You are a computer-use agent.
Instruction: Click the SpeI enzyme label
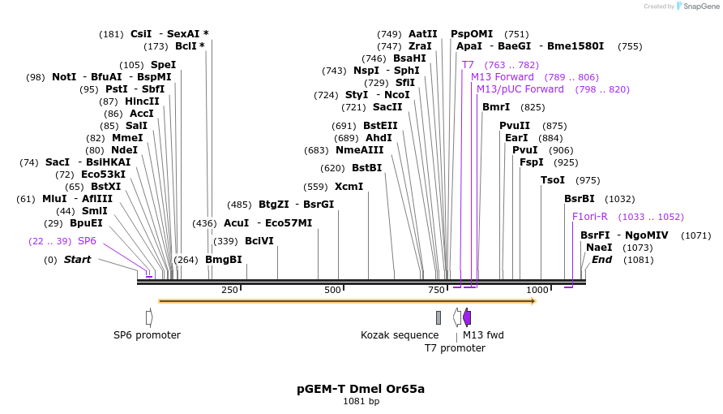tap(163, 65)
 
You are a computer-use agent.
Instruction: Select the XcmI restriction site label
tap(349, 187)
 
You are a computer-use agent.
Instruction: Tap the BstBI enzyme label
tap(366, 168)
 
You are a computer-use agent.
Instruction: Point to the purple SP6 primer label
tap(87, 241)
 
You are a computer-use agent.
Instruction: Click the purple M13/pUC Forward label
tap(520, 89)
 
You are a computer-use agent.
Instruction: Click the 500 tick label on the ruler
tap(332, 291)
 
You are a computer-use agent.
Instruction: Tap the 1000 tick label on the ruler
tap(537, 291)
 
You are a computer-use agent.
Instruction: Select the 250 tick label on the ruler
tap(229, 291)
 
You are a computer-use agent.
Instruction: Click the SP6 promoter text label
tap(147, 335)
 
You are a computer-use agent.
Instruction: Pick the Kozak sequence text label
tap(400, 335)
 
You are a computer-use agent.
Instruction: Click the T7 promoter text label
tap(455, 348)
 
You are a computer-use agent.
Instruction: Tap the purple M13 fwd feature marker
tap(467, 317)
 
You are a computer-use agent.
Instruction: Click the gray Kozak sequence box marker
tap(439, 317)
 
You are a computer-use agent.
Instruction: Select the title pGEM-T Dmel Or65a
tap(361, 389)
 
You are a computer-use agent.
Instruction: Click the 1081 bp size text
tap(361, 402)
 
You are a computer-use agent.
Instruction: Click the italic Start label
tap(77, 260)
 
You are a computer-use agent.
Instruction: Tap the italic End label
tap(601, 260)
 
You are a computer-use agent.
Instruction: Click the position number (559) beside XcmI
tap(315, 187)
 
